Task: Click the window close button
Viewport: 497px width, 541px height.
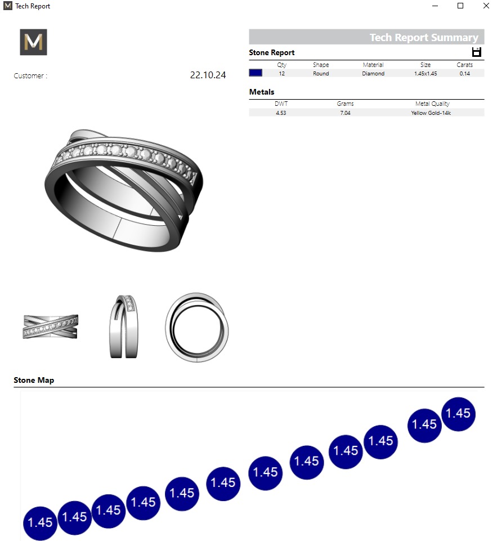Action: coord(486,6)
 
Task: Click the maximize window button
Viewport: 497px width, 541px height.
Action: coord(460,6)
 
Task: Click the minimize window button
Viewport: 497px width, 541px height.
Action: coord(435,6)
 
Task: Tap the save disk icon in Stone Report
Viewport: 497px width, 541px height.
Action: coord(477,52)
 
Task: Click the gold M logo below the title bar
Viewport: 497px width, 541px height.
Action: coord(33,42)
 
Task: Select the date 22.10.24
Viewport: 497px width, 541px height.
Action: coord(208,75)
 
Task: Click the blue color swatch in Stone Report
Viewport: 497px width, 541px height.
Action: coord(256,73)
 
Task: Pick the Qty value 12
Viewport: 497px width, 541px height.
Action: coord(281,74)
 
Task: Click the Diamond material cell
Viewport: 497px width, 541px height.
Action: coord(373,74)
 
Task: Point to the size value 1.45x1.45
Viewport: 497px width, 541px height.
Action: coord(425,74)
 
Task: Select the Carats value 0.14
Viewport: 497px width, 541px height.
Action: coord(464,74)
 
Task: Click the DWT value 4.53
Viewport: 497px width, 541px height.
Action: coord(281,113)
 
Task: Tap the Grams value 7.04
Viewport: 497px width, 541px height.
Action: coord(345,113)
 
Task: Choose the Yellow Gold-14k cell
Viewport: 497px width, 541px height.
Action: coord(431,113)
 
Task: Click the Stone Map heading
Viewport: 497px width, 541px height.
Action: coord(34,380)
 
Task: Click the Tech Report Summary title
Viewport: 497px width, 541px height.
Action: coord(423,38)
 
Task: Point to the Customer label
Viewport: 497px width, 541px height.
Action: coord(30,76)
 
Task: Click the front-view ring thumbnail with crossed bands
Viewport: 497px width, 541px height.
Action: coord(50,327)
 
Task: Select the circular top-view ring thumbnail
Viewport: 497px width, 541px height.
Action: coord(197,327)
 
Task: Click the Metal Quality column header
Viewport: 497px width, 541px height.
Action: coord(432,104)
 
